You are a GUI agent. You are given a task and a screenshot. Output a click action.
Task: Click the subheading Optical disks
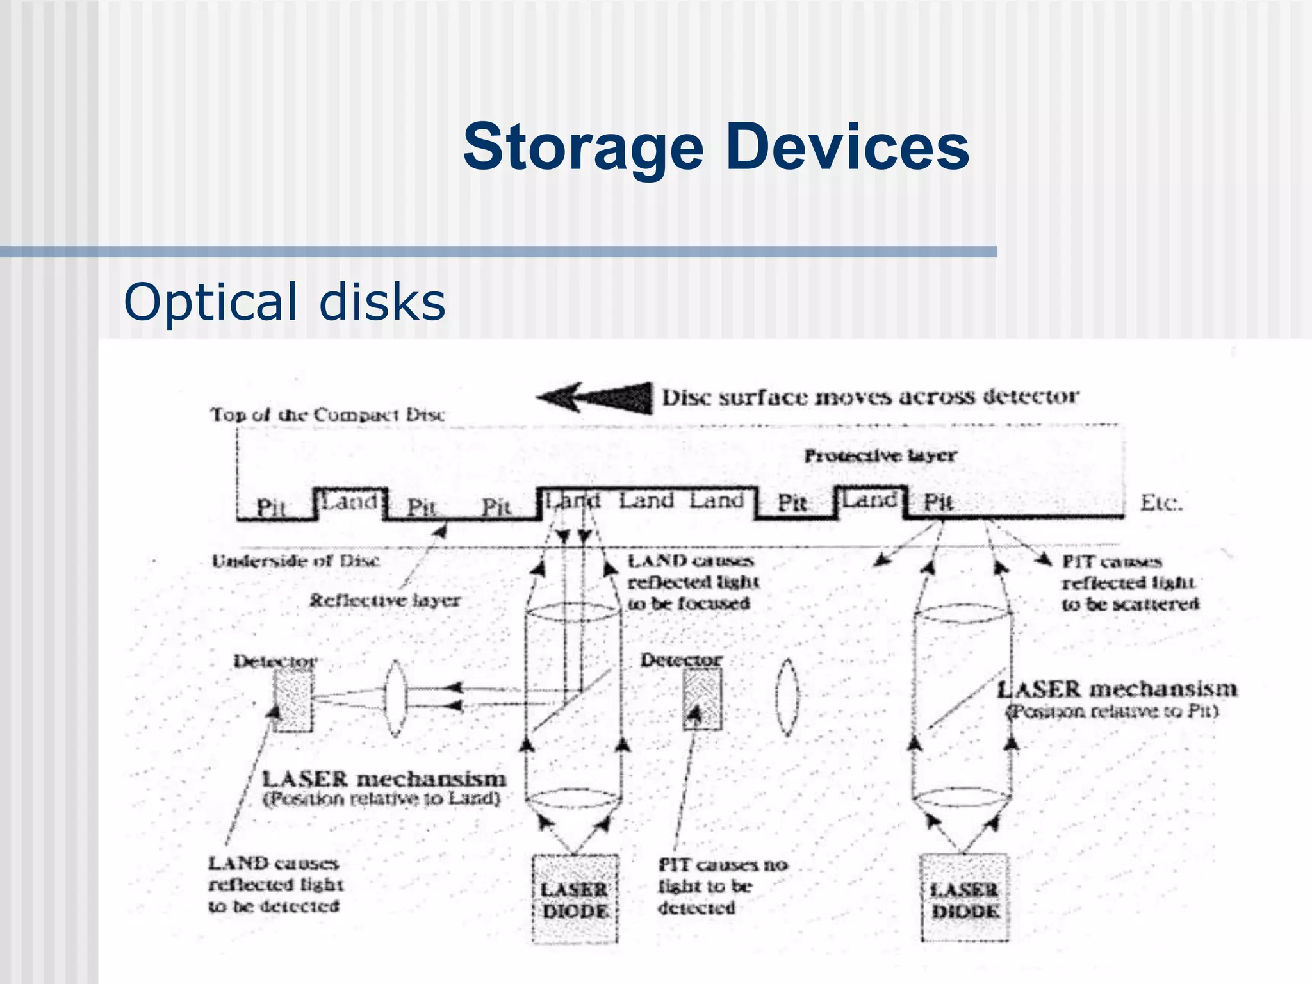point(284,301)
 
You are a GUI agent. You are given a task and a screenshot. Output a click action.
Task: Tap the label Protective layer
point(880,455)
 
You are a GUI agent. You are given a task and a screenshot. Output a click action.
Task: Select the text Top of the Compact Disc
point(327,414)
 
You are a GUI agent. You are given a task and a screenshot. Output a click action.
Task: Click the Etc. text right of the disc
point(1160,503)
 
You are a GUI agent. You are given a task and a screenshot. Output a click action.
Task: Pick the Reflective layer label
point(384,601)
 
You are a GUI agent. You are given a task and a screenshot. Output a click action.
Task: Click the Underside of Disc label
point(295,561)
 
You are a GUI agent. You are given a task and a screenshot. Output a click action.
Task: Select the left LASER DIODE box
point(575,898)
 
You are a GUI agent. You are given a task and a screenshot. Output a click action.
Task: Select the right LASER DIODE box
point(964,898)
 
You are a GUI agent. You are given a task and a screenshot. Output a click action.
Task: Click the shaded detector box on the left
point(293,700)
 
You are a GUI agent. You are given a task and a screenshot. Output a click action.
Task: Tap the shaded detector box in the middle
point(701,699)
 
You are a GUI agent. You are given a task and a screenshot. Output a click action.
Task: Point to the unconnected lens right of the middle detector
point(787,698)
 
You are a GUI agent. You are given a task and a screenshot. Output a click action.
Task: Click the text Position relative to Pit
point(1111,712)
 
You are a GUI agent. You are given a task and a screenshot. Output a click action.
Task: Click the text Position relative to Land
point(382,799)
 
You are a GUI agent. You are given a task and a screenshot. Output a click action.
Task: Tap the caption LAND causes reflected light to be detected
point(275,885)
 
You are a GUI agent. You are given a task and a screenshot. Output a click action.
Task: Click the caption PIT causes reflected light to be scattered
point(1129,582)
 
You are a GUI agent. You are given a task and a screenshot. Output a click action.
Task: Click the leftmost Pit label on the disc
point(270,507)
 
